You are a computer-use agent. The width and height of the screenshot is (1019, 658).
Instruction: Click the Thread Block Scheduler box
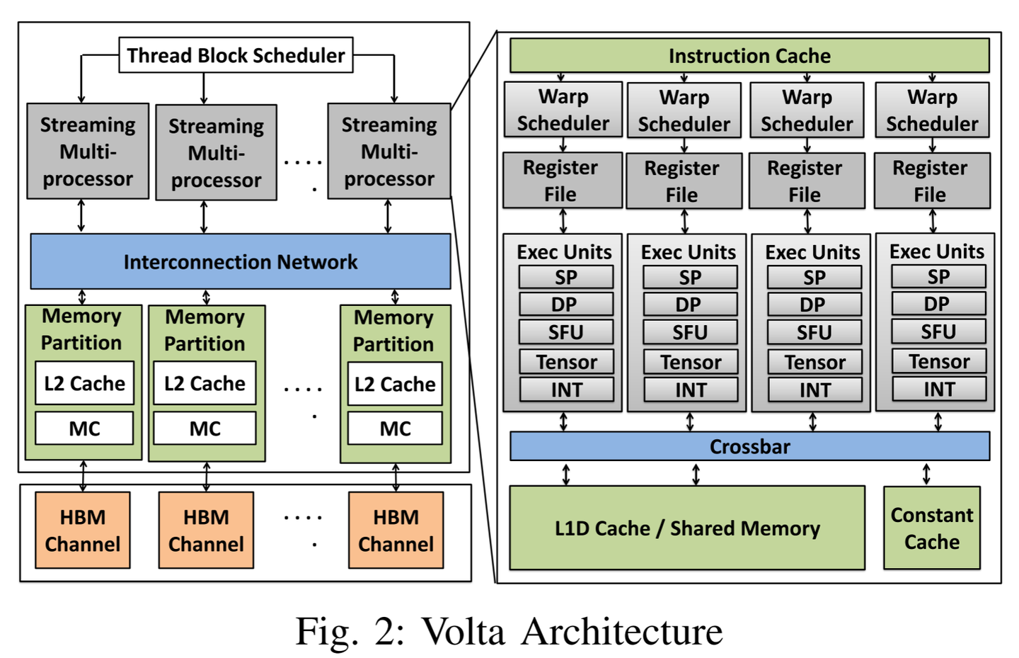[x=236, y=55]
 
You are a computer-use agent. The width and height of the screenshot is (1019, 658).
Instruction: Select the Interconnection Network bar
[x=240, y=262]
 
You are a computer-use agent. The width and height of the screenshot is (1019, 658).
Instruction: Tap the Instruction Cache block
[x=749, y=56]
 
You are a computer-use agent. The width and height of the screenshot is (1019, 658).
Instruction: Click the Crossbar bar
[x=749, y=447]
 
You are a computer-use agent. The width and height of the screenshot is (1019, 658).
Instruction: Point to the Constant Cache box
[x=931, y=528]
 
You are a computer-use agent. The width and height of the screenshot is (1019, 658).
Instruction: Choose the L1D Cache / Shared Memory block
[x=686, y=528]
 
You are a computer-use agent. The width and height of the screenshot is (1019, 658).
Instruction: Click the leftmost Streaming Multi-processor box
[x=88, y=152]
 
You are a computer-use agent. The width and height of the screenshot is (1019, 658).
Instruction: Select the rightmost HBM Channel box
[x=396, y=531]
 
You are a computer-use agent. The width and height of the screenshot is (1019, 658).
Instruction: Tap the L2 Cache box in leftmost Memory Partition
[x=84, y=384]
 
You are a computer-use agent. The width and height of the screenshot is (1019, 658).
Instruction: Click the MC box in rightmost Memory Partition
[x=395, y=429]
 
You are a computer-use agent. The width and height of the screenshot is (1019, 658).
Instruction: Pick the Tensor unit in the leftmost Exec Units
[x=566, y=362]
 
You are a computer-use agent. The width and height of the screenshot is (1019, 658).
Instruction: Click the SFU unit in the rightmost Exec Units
[x=938, y=331]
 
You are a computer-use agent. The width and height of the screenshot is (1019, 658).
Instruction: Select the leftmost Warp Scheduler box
[x=563, y=110]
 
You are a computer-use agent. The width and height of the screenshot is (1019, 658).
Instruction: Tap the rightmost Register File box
[x=931, y=181]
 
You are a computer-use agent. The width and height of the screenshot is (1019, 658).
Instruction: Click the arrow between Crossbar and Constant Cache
[x=926, y=474]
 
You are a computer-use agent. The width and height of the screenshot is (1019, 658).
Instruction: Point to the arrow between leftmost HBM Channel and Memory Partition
[x=84, y=476]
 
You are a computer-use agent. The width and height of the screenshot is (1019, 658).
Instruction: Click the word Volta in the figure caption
[x=464, y=631]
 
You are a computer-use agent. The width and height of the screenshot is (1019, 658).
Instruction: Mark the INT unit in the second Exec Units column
[x=690, y=390]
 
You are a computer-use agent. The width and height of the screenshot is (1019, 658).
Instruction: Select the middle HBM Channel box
[x=206, y=531]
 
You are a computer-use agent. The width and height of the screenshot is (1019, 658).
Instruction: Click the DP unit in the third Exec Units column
[x=813, y=305]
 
